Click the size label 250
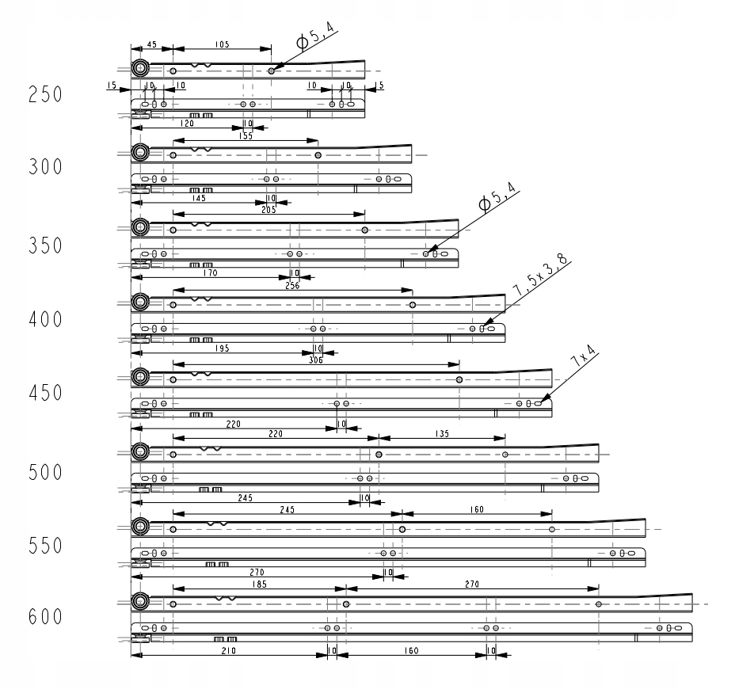(45, 94)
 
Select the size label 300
(45, 168)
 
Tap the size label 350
(45, 246)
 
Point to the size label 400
(45, 321)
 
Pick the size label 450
(45, 394)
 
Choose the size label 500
(45, 473)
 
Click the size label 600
(45, 618)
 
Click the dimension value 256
(293, 287)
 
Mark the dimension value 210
(229, 651)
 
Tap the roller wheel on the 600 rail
(140, 603)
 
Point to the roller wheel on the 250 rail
(140, 70)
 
